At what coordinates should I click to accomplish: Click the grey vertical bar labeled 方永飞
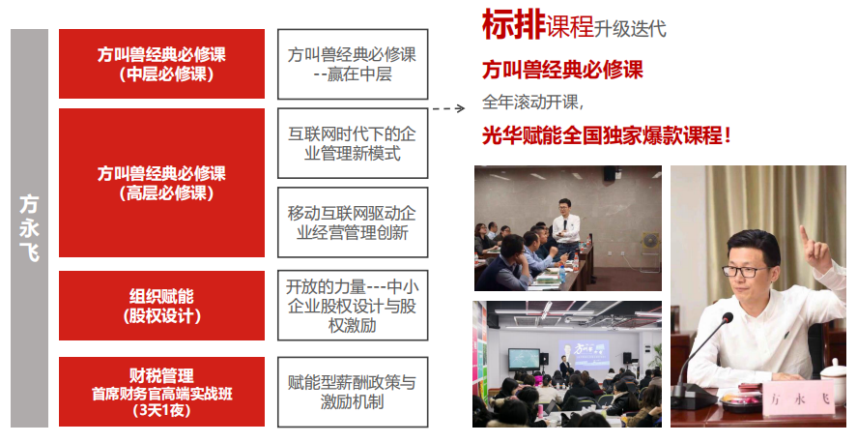coord(30,228)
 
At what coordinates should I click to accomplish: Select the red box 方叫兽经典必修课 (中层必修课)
coord(161,64)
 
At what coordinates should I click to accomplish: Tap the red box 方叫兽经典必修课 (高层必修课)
coord(161,183)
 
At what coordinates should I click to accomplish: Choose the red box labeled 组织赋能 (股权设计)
coord(161,306)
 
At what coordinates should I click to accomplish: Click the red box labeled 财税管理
coord(161,392)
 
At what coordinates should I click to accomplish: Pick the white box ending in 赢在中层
coord(353,64)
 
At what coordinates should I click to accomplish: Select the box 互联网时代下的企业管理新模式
coord(353,143)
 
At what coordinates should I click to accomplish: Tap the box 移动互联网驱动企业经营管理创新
coord(353,222)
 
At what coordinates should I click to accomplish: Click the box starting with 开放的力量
coord(353,306)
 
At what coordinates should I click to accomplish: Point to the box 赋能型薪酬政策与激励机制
coord(353,392)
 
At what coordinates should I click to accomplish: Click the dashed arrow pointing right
coord(448,108)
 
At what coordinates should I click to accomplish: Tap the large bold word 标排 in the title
coord(513,25)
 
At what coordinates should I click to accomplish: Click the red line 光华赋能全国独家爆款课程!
coord(607,135)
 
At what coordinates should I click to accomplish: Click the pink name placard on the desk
coord(797,399)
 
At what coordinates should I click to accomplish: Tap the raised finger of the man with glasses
coord(804,236)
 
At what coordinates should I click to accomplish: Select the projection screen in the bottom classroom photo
coord(584,354)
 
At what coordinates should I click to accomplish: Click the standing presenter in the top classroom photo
coord(565,228)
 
